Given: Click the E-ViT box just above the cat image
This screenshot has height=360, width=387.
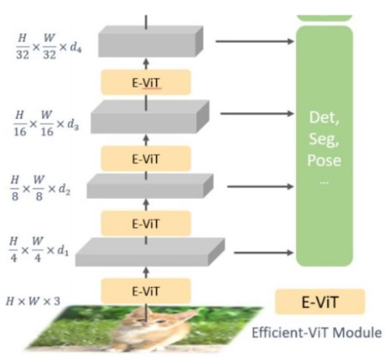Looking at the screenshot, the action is click(x=146, y=291).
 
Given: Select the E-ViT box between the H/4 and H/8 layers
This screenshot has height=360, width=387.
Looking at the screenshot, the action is click(x=146, y=224).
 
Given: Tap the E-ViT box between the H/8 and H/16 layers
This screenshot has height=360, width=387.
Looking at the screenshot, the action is click(x=146, y=159).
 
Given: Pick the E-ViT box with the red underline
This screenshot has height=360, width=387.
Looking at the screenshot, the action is click(x=146, y=82).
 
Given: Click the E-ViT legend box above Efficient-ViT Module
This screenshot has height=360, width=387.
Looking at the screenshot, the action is click(x=320, y=302).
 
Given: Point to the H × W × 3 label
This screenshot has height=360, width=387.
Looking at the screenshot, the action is click(x=33, y=301).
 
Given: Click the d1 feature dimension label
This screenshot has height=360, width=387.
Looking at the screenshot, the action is click(x=63, y=250).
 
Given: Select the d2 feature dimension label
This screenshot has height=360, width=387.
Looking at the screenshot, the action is click(x=63, y=189).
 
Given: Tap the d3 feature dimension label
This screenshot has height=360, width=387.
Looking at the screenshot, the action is click(x=73, y=124).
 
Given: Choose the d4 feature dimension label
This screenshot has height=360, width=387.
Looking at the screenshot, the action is click(x=76, y=47).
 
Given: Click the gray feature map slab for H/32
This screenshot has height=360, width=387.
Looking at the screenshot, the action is click(x=151, y=42).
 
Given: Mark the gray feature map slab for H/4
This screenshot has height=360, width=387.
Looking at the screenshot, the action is click(x=150, y=252).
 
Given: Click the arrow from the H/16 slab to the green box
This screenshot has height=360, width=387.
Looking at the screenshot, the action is click(x=257, y=114).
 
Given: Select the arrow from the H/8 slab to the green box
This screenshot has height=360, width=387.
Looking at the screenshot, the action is click(x=261, y=187).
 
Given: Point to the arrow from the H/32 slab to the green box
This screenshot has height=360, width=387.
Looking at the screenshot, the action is click(x=255, y=41).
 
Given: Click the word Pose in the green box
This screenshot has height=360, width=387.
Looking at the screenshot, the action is click(x=324, y=160).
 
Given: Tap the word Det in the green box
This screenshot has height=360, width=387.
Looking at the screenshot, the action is click(x=324, y=117).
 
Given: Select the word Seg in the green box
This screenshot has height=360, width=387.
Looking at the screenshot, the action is click(x=324, y=139).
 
